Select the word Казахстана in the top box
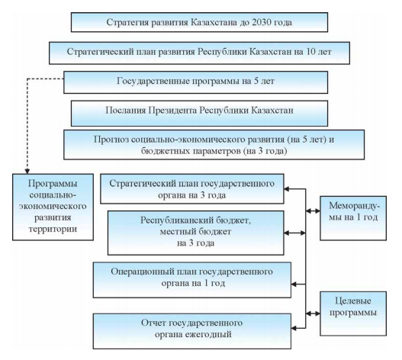pos(214,22)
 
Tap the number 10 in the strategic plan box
pos(311,52)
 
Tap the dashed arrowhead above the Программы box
pos(27,172)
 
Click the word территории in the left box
pos(53,229)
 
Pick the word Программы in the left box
pos(53,184)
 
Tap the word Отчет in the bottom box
pos(153,323)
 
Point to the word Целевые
pos(353,301)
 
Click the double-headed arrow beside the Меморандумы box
pos(313,211)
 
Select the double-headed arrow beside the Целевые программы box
pos(313,313)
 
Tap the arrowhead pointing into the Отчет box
pos(294,328)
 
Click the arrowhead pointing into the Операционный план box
pos(294,284)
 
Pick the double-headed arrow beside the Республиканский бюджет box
pos(295,233)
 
